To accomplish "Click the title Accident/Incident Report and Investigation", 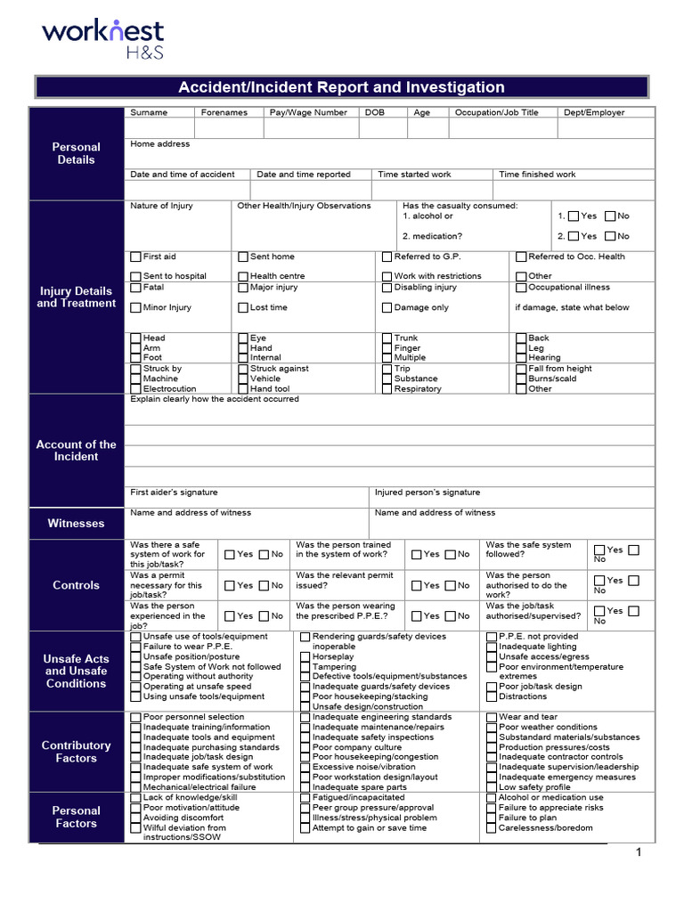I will (341, 87).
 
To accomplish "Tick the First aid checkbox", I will (135, 256).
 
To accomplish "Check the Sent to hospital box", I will (135, 276).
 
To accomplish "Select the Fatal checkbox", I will (135, 288).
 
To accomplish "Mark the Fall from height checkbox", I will (521, 369).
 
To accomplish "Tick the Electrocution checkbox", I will (135, 389).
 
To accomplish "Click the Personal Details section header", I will (77, 153).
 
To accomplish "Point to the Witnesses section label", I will (77, 524).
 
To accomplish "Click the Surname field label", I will (149, 113).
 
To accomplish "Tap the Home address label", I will (159, 143).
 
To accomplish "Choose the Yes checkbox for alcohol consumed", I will (574, 216).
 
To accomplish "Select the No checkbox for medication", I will (610, 236).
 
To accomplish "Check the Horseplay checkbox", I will (305, 656).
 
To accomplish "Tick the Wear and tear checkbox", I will (491, 717).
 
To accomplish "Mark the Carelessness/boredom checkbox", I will (491, 828).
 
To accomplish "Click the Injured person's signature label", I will (427, 493).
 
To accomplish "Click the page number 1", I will (639, 853).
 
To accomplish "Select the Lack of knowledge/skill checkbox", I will (135, 798).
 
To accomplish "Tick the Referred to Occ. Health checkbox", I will (521, 256).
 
